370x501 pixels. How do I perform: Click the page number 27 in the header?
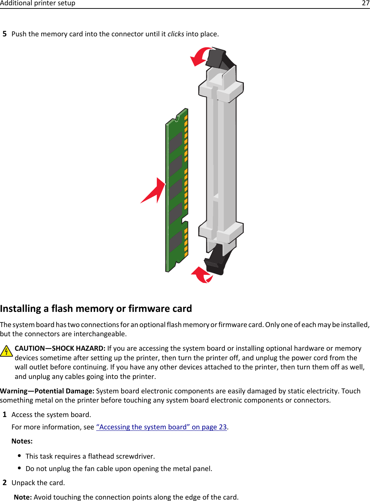tap(365, 3)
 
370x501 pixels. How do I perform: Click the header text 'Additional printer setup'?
tap(38, 3)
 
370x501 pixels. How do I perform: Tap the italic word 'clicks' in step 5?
tap(175, 34)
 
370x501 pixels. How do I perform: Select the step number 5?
tap(5, 34)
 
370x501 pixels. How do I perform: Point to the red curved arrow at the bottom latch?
tap(202, 275)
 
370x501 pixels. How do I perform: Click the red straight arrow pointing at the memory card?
tap(154, 192)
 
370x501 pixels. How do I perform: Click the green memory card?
tap(176, 191)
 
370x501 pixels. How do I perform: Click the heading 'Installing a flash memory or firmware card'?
tap(96, 308)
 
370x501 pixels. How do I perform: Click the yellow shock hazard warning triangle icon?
tap(6, 351)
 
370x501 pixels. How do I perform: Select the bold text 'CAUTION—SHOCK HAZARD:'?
tap(60, 348)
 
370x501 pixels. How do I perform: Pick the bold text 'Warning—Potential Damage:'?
tap(47, 391)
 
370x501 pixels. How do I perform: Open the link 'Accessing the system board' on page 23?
tap(161, 427)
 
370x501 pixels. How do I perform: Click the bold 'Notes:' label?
tap(22, 441)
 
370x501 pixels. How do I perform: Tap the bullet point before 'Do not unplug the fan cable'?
tap(19, 468)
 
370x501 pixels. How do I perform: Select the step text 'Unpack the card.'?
tap(38, 483)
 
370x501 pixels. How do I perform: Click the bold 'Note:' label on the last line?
tap(23, 497)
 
